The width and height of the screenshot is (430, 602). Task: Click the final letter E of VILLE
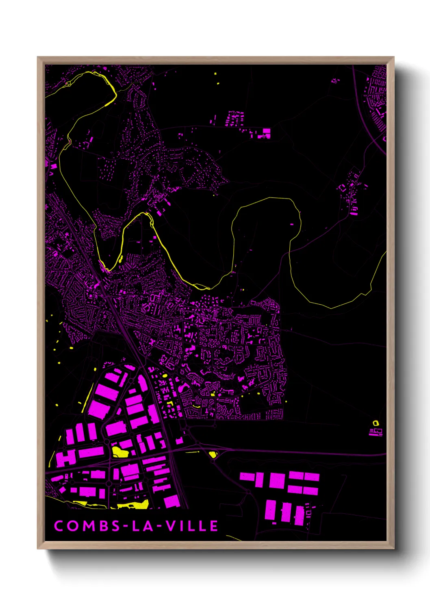pos(214,526)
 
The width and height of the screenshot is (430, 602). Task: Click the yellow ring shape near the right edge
pos(376,423)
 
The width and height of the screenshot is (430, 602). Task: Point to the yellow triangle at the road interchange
pos(212,454)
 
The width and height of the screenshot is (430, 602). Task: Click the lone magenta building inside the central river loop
pos(291,224)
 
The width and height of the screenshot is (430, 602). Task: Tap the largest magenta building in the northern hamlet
pos(266,132)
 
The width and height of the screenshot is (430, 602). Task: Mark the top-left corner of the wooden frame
pos(38,57)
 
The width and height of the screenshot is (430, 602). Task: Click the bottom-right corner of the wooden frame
pos(393,548)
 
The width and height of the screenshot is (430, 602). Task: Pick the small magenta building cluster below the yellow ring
pos(376,432)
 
